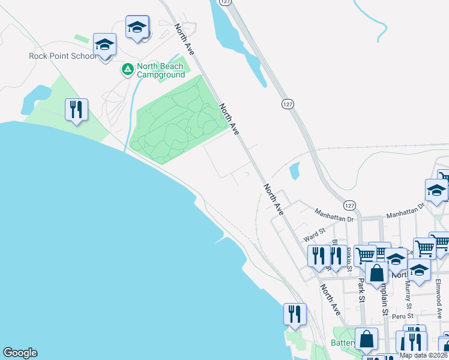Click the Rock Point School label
(x=62, y=56)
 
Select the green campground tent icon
(x=127, y=70)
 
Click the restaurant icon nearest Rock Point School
(x=77, y=110)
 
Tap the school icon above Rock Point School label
(x=105, y=45)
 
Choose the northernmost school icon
(x=137, y=27)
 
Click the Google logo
(x=20, y=353)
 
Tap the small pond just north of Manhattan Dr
(x=294, y=171)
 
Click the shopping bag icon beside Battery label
(x=366, y=339)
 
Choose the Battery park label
(x=343, y=344)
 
